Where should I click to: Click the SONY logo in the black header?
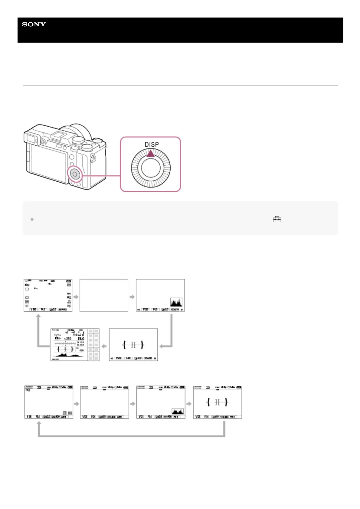click(34, 24)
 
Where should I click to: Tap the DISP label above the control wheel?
click(152, 144)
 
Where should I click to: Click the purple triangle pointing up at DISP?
click(151, 154)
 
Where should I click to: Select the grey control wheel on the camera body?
click(74, 173)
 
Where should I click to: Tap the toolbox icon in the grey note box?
click(277, 219)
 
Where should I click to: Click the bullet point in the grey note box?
click(32, 219)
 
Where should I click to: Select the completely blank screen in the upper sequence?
click(104, 295)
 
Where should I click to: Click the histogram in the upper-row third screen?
click(176, 302)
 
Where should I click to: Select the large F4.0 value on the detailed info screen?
click(81, 339)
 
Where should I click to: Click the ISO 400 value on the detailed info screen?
click(81, 350)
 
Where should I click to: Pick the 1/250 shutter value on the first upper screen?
click(33, 310)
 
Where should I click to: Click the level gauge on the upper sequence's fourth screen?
click(133, 345)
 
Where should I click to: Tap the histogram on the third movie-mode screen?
click(178, 411)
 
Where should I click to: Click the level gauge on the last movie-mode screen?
click(217, 402)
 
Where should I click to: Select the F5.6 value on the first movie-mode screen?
click(38, 417)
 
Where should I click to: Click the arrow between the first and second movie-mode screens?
click(77, 404)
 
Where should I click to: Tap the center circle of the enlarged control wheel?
click(151, 168)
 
